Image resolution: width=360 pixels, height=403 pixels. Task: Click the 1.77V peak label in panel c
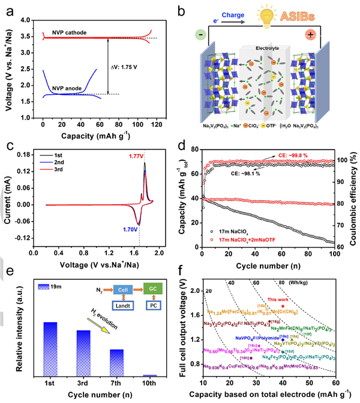(136, 157)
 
